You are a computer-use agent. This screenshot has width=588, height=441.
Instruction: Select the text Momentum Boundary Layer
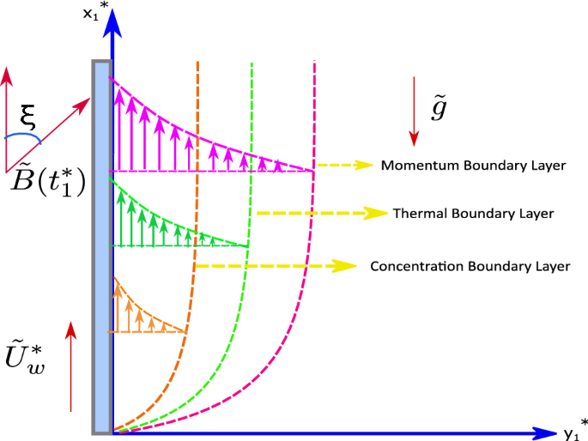tap(474, 165)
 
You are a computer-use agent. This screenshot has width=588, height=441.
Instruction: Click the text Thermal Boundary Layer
tap(473, 212)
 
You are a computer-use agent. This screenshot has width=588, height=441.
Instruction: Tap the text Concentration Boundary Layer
tap(470, 267)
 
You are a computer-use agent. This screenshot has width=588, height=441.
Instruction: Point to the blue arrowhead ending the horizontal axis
tap(543, 433)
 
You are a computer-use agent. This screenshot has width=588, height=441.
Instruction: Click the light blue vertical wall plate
tap(101, 249)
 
